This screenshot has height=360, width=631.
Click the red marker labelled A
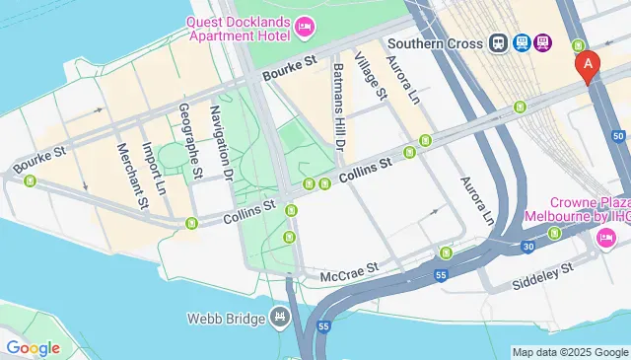(588, 66)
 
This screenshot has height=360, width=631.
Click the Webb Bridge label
(226, 319)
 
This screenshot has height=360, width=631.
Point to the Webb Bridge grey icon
(281, 318)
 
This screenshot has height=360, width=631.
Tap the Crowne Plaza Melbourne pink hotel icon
(606, 237)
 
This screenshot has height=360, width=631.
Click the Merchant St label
(131, 177)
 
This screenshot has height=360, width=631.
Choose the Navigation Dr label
(221, 147)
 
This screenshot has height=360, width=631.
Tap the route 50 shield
(618, 135)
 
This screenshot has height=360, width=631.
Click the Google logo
(32, 347)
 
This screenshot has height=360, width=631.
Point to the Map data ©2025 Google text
(569, 352)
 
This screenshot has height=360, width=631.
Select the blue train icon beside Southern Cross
(498, 43)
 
